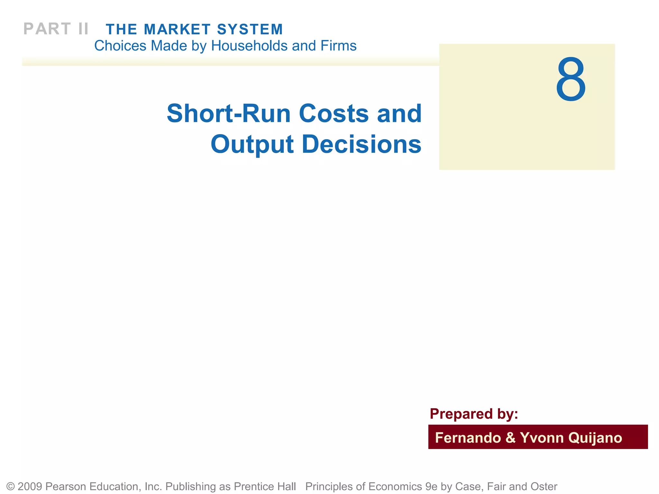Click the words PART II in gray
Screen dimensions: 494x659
click(x=56, y=29)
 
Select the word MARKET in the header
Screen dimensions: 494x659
click(x=177, y=30)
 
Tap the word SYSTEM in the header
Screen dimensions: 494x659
click(x=250, y=30)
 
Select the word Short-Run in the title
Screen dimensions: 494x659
click(x=228, y=114)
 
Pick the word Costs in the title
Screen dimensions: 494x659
click(x=333, y=114)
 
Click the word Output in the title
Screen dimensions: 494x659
click(x=252, y=144)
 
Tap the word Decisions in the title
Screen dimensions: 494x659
click(x=361, y=144)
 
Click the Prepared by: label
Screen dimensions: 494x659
click(x=474, y=414)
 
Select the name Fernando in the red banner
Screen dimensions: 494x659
click(x=468, y=438)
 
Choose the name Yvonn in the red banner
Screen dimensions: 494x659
click(x=541, y=438)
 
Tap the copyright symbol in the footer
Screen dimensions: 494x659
click(x=11, y=487)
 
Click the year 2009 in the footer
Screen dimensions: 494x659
click(x=30, y=487)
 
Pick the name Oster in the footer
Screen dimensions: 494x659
click(x=544, y=487)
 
